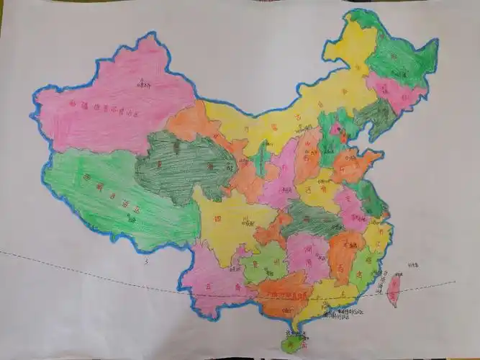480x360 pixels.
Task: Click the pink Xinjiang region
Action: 108,108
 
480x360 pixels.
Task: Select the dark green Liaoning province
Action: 374,115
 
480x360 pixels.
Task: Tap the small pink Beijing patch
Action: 335,130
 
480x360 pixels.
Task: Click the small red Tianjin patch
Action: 343,138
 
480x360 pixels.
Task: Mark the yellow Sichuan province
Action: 230,216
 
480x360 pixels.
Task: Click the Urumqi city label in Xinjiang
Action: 142,85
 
